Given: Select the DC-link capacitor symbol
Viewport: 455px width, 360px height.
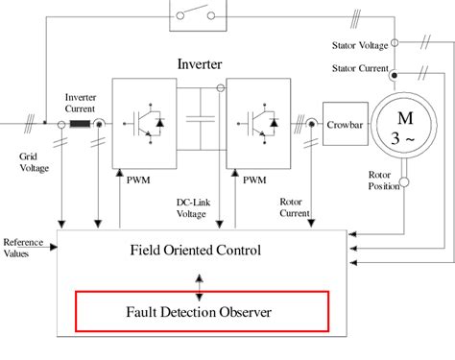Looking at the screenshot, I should (x=200, y=123).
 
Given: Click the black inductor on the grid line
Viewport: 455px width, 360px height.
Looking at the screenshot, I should (x=80, y=123).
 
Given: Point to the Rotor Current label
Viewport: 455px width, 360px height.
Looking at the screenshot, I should (x=294, y=206).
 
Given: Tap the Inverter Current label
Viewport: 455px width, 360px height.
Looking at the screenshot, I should (x=80, y=102).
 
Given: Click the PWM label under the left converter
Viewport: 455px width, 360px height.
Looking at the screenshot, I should (x=138, y=179).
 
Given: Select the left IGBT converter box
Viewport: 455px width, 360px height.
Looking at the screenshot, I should (x=141, y=123).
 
